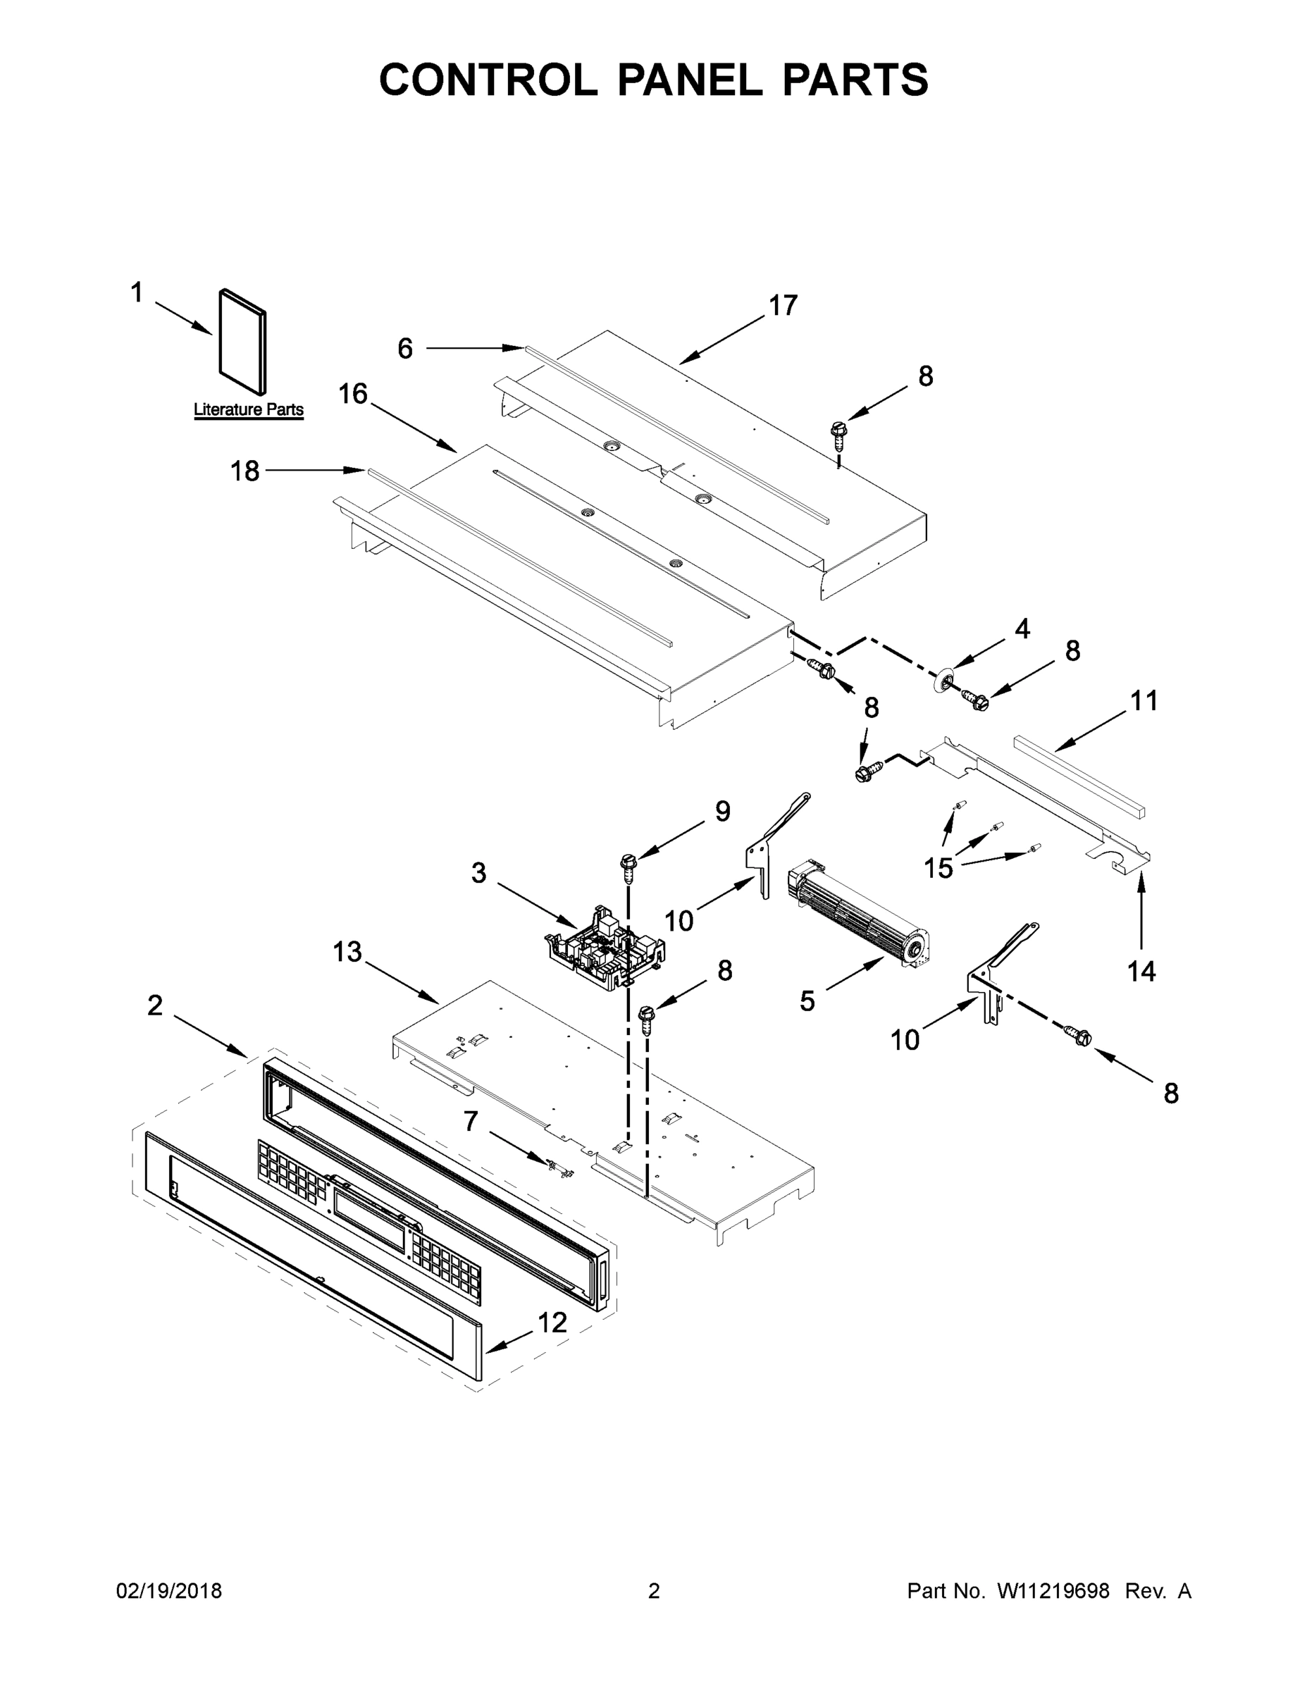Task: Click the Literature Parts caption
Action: click(x=248, y=409)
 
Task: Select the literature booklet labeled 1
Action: click(x=242, y=341)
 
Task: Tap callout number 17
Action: click(x=783, y=306)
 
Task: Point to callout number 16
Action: click(x=352, y=394)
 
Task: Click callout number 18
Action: click(x=244, y=471)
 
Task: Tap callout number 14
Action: click(x=1141, y=971)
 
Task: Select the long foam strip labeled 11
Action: click(x=1079, y=776)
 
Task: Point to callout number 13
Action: click(x=347, y=952)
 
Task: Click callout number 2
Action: click(x=155, y=1005)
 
